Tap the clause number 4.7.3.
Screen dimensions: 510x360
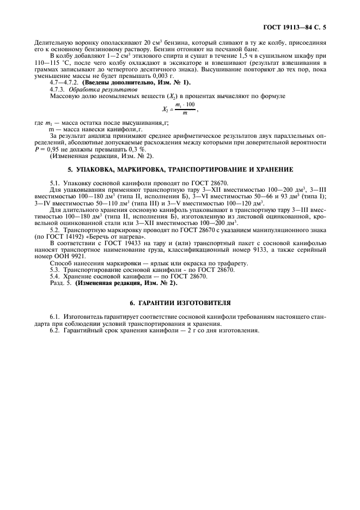point(57,88)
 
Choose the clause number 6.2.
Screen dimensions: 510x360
point(55,330)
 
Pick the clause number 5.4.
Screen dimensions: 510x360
point(55,276)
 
